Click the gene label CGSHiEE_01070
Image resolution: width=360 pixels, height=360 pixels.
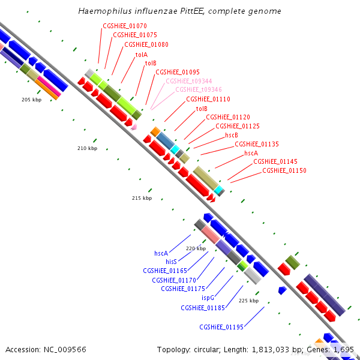(125, 26)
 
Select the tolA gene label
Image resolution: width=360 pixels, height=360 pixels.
(141, 54)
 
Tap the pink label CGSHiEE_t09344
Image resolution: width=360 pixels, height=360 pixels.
(188, 81)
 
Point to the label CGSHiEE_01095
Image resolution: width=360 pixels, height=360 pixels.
(178, 72)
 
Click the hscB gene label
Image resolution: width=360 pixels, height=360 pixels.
(232, 135)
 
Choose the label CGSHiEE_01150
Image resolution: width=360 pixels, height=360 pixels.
(284, 171)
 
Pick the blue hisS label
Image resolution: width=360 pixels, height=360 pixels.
(171, 262)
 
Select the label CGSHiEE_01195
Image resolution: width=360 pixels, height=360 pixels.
(221, 327)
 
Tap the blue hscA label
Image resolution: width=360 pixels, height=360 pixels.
(161, 253)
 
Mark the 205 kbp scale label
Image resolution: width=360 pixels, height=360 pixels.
(31, 100)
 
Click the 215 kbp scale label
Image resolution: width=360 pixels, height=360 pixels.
(142, 198)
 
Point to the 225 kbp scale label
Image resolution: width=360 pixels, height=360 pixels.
(248, 301)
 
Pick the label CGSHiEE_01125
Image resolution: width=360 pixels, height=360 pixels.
(238, 126)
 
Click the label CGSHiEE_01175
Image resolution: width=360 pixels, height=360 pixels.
(184, 289)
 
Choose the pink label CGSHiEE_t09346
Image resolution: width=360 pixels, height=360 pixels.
(198, 90)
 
